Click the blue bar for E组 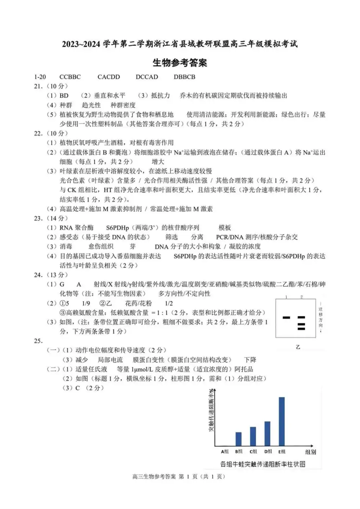[282, 421]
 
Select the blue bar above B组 [238, 439]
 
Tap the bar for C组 [253, 436]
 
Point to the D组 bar [267, 433]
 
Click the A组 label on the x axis [225, 452]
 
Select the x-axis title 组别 [310, 452]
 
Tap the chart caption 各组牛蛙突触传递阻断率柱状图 [263, 464]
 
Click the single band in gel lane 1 [287, 317]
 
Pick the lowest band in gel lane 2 [301, 329]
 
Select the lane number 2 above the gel [301, 297]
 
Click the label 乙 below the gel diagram [298, 347]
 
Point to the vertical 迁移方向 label [320, 317]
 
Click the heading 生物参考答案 [180, 63]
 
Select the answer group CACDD [109, 77]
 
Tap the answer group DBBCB [184, 77]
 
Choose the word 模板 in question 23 [225, 228]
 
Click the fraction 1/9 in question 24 [86, 303]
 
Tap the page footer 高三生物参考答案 [154, 477]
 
